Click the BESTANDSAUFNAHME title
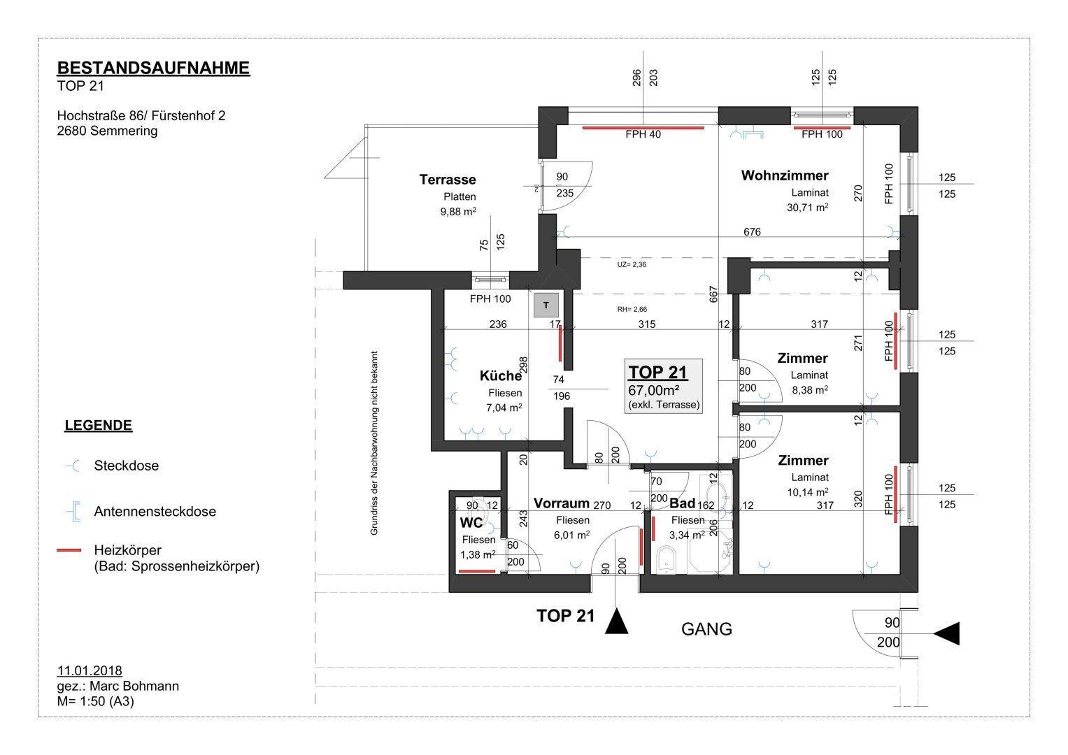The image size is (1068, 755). click(153, 69)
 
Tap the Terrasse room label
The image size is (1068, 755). click(447, 180)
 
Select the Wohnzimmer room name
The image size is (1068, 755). click(784, 175)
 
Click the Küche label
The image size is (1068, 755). click(501, 375)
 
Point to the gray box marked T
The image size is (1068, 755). click(546, 305)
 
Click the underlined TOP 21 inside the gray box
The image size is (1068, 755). click(657, 372)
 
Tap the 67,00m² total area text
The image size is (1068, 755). click(653, 390)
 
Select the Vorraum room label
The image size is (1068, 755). click(561, 503)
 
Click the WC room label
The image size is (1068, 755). click(471, 523)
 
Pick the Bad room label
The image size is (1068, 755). click(682, 503)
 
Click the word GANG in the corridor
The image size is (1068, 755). click(706, 629)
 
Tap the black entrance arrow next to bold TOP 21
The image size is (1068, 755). click(616, 621)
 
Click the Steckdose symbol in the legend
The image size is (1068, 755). click(73, 466)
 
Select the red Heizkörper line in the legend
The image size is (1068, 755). click(69, 550)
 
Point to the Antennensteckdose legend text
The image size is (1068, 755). click(155, 512)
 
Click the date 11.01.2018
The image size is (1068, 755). click(90, 670)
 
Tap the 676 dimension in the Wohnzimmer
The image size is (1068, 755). click(752, 231)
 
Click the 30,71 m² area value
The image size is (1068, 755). click(807, 208)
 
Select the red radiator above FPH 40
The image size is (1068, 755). click(643, 128)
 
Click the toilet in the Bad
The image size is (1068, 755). click(666, 560)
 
